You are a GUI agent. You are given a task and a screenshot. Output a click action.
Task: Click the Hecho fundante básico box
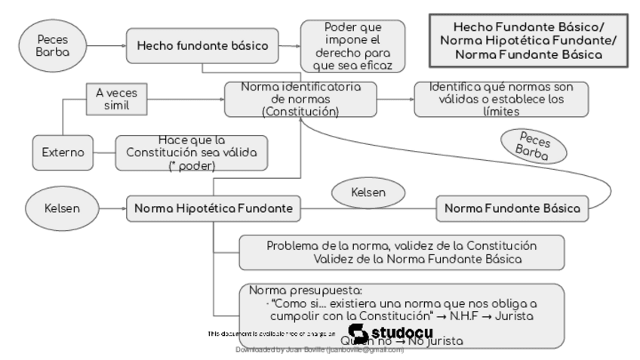coord(202,45)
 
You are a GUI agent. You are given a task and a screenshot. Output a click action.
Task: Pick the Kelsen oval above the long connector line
coord(368,192)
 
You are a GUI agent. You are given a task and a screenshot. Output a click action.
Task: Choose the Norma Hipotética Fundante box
coord(214,207)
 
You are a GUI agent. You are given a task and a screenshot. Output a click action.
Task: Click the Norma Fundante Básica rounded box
coord(512,207)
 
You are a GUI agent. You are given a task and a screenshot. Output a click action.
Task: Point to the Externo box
coord(63,152)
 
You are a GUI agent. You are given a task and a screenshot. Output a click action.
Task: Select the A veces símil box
coord(116,99)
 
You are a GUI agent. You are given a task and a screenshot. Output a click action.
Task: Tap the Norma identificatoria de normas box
coord(300,99)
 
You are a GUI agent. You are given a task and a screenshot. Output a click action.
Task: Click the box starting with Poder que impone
coord(352,45)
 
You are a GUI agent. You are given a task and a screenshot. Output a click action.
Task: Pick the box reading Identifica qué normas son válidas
coord(501,99)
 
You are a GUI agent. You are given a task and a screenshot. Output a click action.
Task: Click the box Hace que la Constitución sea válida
coord(192,152)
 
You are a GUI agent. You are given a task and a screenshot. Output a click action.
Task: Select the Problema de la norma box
coord(402,252)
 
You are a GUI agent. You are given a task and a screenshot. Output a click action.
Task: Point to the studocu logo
coord(392,332)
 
